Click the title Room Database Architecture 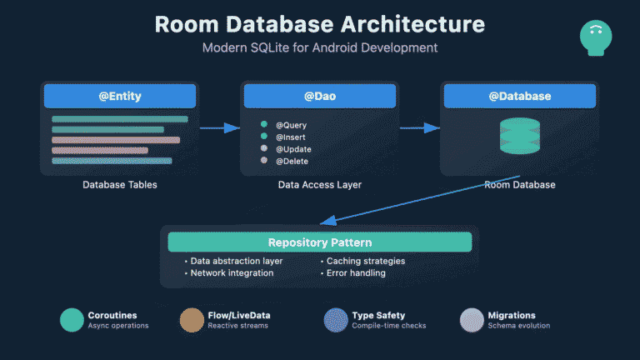(320, 23)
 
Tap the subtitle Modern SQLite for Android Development (320, 47)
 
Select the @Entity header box (120, 97)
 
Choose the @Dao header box (320, 97)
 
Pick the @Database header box (519, 97)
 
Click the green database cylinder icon (519, 135)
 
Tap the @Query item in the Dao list (292, 125)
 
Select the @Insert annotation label (292, 137)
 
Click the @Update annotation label (293, 148)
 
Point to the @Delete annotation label (292, 160)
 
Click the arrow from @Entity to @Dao (219, 127)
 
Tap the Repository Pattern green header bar (320, 242)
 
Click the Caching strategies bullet (366, 261)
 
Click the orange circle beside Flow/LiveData (192, 320)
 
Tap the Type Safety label (378, 316)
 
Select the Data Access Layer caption (320, 184)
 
